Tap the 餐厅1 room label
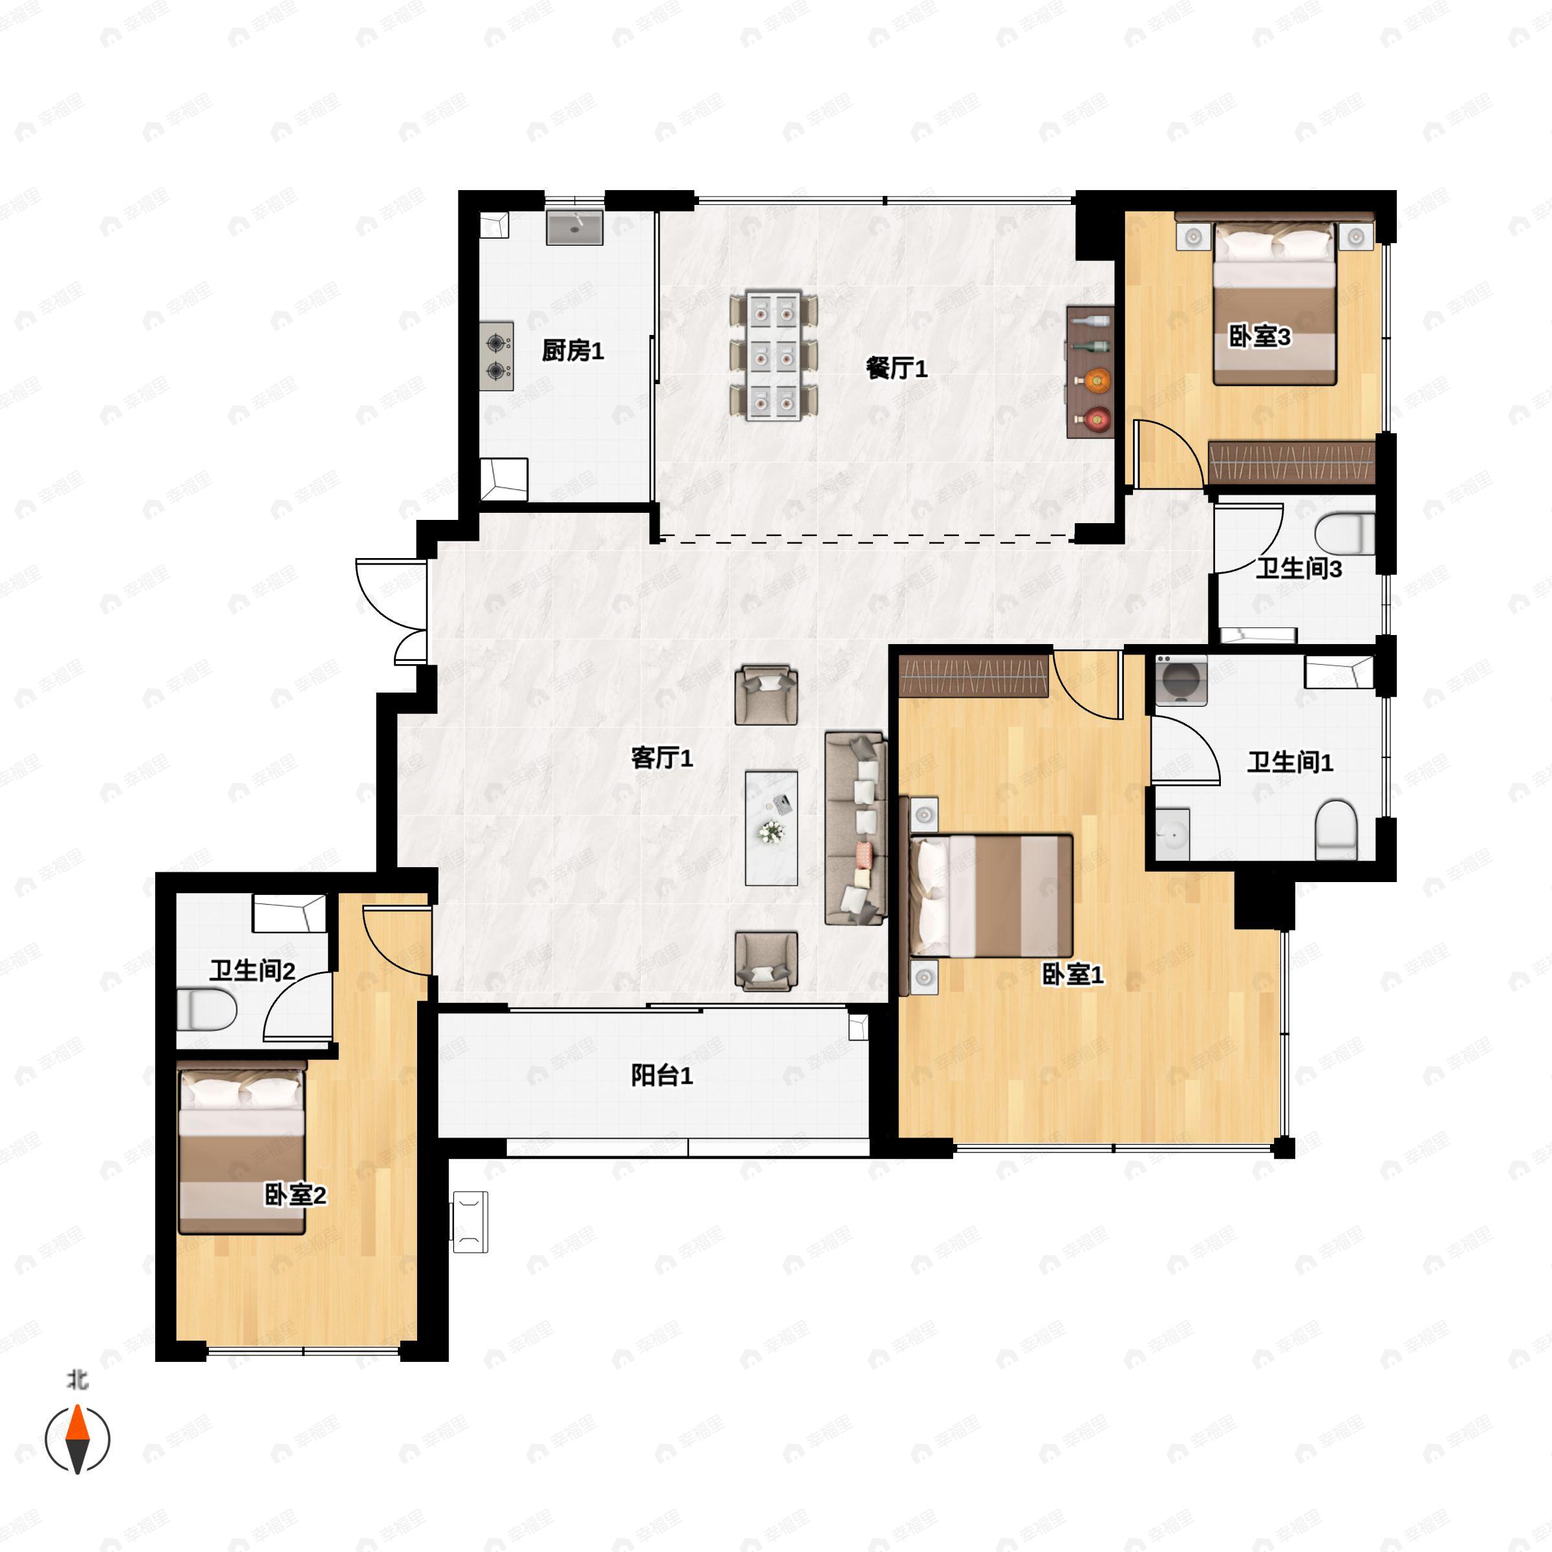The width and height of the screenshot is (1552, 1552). [896, 368]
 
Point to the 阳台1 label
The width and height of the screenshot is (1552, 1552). [662, 1075]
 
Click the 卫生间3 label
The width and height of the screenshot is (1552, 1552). [1299, 569]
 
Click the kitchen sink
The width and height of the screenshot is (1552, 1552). [574, 228]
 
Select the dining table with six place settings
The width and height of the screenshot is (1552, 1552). [775, 356]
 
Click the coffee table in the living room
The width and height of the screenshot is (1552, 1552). [771, 828]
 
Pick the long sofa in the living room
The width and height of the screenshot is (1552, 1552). [856, 828]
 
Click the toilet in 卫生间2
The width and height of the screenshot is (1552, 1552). [206, 1009]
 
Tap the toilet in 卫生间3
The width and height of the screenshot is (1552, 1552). [1345, 533]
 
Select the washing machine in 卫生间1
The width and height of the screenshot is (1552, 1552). [1181, 680]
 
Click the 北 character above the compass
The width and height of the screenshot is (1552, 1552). [77, 1380]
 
